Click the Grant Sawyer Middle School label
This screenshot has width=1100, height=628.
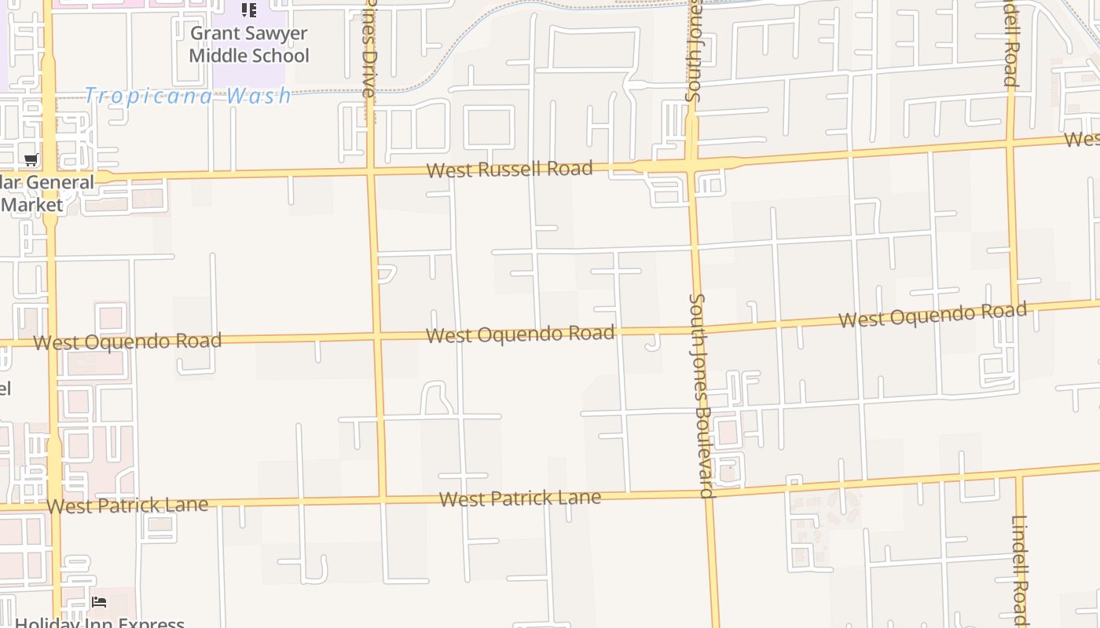coord(249,45)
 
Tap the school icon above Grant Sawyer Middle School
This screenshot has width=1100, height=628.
coord(249,10)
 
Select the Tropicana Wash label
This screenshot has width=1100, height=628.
coord(188,96)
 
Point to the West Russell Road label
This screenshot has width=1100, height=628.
coord(509,170)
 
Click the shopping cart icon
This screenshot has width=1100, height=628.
coord(31,160)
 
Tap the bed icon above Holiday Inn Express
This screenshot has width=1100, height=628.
coord(99,602)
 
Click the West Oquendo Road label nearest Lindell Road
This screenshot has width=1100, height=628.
coord(932,316)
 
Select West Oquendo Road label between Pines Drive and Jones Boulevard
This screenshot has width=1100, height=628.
coord(520,334)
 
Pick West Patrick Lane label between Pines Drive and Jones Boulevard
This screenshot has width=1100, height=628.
coord(520,498)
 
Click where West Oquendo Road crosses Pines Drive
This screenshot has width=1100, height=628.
coord(376,337)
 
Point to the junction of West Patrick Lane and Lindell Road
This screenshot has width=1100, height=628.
coord(1019,475)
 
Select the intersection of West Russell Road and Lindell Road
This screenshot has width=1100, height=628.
coord(1010,144)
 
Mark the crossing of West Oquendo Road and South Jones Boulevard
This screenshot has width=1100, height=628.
coord(696,329)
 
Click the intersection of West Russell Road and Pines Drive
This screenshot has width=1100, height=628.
coord(370,170)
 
